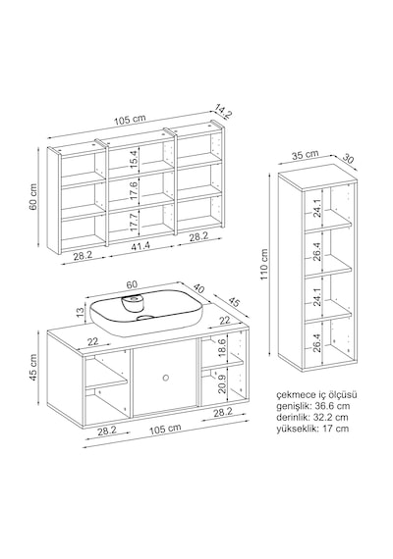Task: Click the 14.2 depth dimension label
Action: tap(224, 111)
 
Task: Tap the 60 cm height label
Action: tap(33, 197)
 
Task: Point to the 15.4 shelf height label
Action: tap(134, 160)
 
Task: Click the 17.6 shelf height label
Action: tap(134, 190)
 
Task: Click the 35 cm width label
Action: tap(305, 155)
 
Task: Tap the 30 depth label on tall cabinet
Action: tap(347, 158)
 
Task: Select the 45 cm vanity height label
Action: tap(33, 368)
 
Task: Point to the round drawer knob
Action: tap(165, 378)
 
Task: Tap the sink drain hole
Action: tap(145, 318)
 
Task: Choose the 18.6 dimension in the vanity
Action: tap(221, 348)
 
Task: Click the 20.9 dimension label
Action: tap(222, 382)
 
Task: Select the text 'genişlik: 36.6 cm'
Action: tap(313, 406)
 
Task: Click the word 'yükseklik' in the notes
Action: tap(297, 429)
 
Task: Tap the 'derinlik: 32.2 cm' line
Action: tap(311, 417)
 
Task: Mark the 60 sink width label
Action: tap(132, 284)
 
